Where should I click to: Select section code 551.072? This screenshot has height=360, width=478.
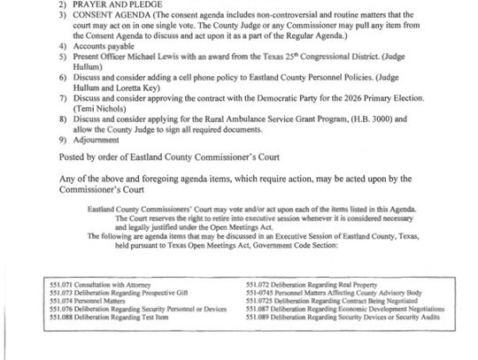(x=258, y=309)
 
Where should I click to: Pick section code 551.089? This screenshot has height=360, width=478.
(x=258, y=341)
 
